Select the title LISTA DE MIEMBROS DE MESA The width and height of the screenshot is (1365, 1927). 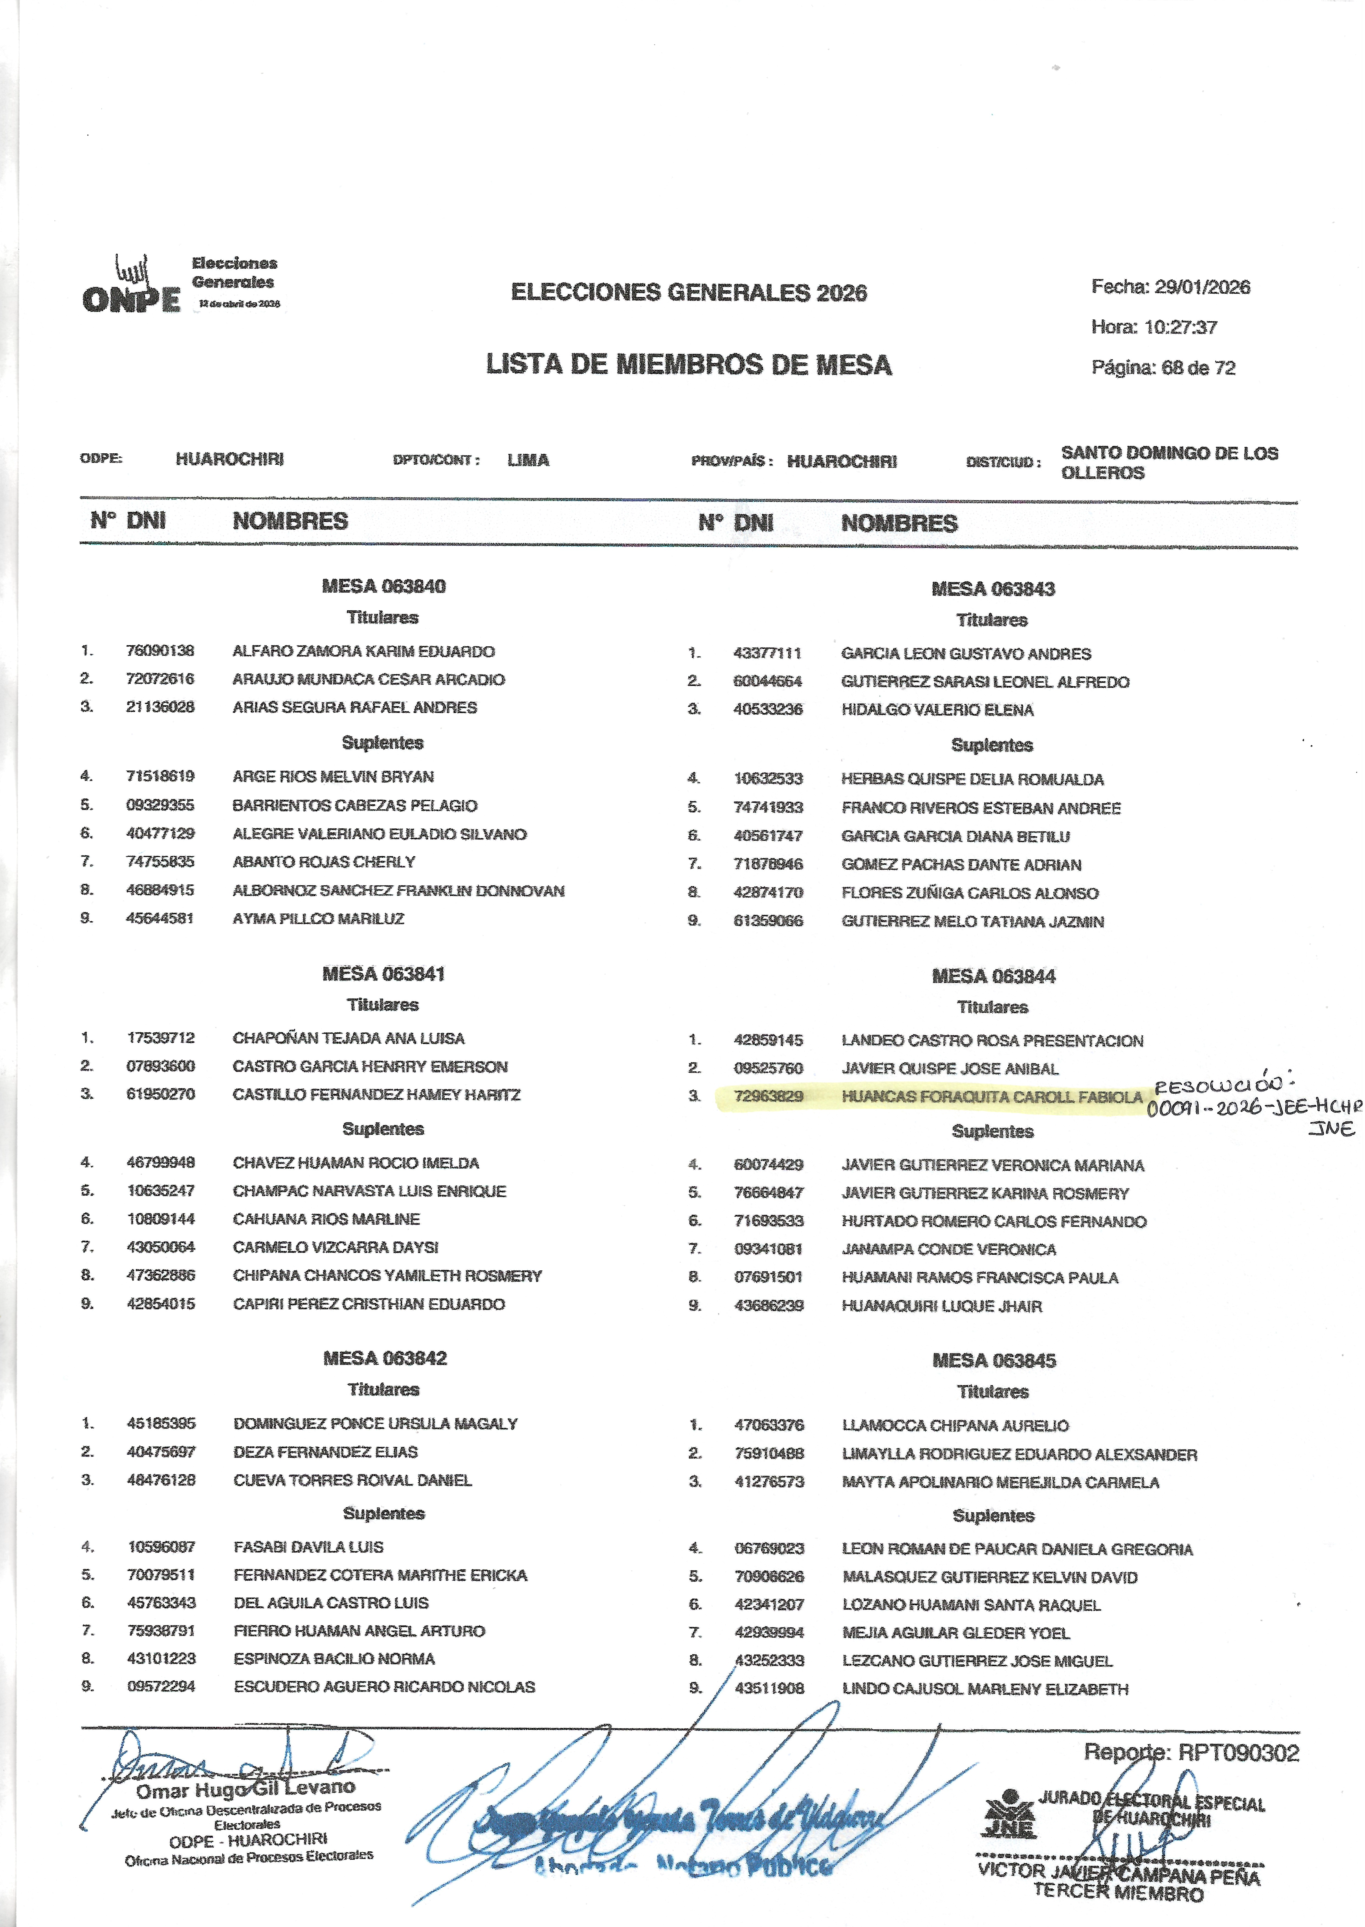pos(688,365)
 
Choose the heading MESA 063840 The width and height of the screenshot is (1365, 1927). pos(383,586)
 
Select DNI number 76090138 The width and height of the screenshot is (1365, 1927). pos(160,651)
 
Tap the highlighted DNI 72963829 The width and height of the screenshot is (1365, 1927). pos(768,1096)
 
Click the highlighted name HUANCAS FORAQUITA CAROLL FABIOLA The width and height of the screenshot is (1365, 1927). pos(992,1097)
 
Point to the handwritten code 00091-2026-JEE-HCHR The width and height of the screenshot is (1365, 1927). pos(1252,1108)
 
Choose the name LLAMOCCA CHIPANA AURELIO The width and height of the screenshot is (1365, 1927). pos(955,1425)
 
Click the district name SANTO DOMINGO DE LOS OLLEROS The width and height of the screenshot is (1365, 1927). pos(1168,462)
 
